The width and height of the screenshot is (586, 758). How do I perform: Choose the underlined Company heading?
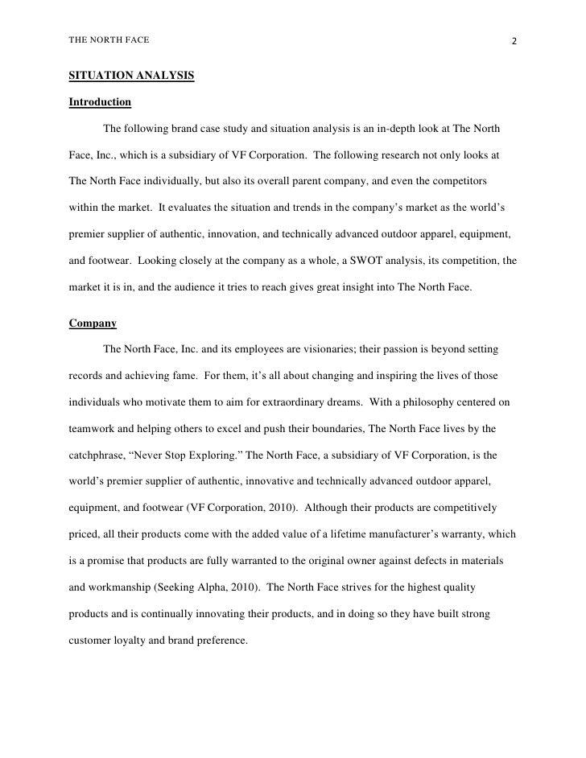pyautogui.click(x=93, y=323)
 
